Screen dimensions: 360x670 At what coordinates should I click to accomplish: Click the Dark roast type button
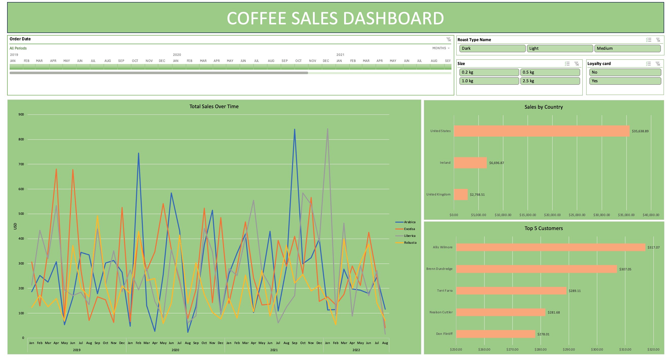point(492,48)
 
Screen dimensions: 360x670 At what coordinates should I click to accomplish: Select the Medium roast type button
point(627,48)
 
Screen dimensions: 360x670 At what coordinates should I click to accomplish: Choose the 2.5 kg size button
point(550,81)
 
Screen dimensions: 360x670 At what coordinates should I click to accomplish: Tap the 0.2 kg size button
point(489,72)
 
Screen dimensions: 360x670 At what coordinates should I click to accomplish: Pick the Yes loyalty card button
point(625,81)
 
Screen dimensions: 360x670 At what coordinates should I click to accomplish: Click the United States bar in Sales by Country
point(542,131)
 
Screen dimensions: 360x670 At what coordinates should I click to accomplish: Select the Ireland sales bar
point(470,163)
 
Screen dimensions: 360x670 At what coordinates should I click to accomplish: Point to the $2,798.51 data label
point(477,194)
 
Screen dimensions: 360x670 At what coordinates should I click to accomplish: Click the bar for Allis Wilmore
point(551,247)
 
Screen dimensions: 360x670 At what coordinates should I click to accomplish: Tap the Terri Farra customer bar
point(511,291)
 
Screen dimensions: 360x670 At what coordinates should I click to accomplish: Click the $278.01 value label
point(543,334)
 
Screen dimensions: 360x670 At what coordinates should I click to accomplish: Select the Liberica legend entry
point(409,236)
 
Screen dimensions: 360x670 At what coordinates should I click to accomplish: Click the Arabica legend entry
point(409,222)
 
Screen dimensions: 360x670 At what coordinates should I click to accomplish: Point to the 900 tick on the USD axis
point(21,114)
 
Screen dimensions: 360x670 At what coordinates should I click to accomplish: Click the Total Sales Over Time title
point(214,106)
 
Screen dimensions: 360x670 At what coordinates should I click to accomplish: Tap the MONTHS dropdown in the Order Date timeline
point(441,48)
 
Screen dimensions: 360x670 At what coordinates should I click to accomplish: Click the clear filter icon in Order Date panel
point(449,39)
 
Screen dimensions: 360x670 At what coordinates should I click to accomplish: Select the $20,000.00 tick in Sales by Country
point(552,215)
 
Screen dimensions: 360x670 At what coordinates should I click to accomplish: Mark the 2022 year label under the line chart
point(356,350)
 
